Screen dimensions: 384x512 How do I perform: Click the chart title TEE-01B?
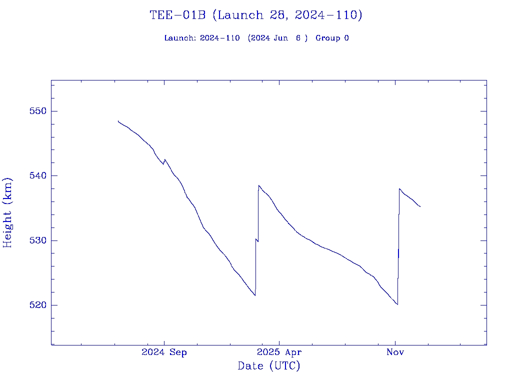[178, 15]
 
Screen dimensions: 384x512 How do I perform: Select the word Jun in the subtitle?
[280, 38]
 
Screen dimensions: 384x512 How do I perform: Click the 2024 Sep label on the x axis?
[164, 352]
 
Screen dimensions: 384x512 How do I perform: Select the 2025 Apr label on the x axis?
[279, 352]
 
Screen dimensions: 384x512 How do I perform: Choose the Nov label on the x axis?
[395, 352]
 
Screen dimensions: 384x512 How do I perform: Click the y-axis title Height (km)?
[7, 212]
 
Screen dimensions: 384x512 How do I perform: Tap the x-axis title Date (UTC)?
[269, 366]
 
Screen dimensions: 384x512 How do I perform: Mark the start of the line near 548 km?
[118, 120]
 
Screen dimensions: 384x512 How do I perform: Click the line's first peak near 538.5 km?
[258, 185]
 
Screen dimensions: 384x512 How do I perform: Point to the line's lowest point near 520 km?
[397, 304]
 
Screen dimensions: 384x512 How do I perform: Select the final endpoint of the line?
[420, 206]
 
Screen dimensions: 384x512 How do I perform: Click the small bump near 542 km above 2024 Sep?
[164, 159]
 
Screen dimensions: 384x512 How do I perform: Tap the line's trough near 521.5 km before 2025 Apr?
[255, 295]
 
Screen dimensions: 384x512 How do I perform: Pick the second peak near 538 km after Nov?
[399, 188]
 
